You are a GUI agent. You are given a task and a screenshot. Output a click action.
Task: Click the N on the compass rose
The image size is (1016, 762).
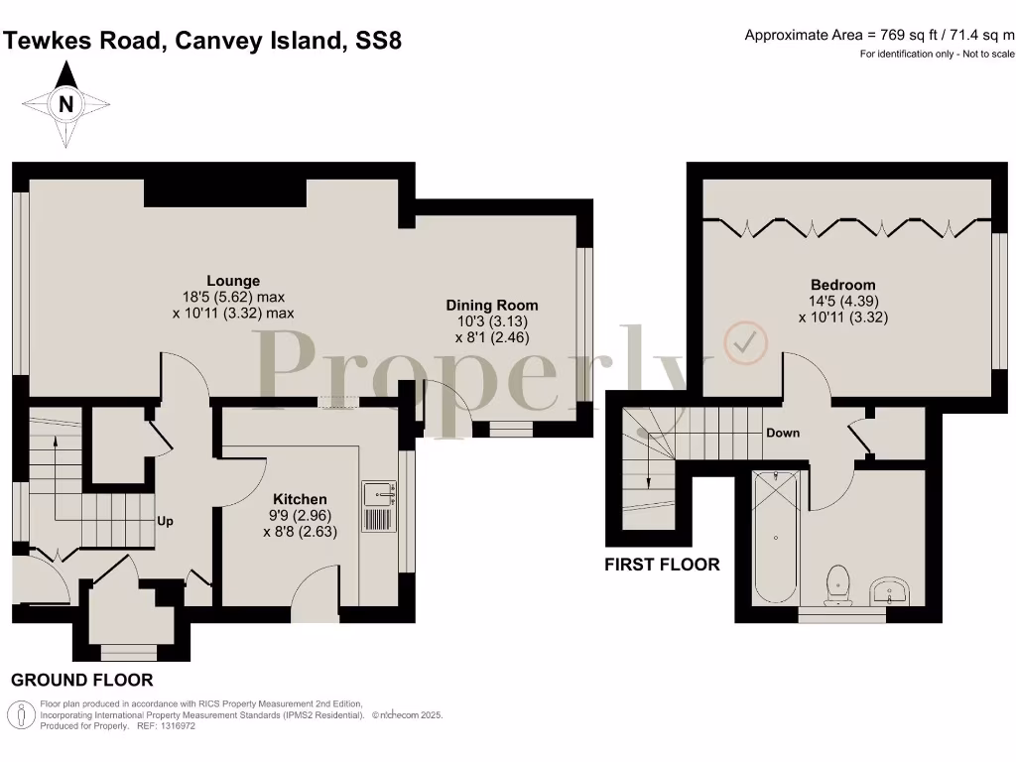(x=65, y=104)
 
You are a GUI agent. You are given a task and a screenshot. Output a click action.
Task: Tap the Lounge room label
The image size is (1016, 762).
(x=233, y=281)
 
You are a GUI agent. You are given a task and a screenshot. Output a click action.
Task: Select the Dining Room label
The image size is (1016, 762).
(x=491, y=306)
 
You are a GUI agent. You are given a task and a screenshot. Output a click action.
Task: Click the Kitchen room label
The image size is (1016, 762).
(x=300, y=499)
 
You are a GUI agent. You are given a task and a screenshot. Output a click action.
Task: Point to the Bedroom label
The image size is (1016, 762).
(x=842, y=285)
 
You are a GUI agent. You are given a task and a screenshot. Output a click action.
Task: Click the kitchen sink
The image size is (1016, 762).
(x=380, y=493)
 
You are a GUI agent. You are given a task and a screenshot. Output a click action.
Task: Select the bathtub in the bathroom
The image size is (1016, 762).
(x=774, y=537)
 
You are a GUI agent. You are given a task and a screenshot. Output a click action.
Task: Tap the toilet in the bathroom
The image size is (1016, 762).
(x=837, y=583)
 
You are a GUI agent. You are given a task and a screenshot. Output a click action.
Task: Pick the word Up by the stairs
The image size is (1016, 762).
(x=165, y=521)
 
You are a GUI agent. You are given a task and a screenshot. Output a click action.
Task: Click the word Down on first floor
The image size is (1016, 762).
(x=783, y=434)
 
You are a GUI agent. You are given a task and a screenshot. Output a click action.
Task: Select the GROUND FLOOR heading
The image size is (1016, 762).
(x=82, y=681)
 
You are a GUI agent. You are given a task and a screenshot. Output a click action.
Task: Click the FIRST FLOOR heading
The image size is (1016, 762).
(x=662, y=565)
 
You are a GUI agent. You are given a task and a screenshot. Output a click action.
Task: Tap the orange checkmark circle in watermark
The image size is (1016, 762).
(x=745, y=342)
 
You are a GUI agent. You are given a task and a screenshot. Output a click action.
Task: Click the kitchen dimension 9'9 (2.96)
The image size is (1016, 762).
(x=300, y=515)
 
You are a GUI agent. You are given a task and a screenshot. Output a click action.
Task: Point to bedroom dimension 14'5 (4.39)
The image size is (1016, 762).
(x=842, y=302)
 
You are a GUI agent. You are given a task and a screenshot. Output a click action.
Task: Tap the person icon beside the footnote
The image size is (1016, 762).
(x=21, y=714)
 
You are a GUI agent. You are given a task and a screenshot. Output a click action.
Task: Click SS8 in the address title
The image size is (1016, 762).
(x=378, y=41)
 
